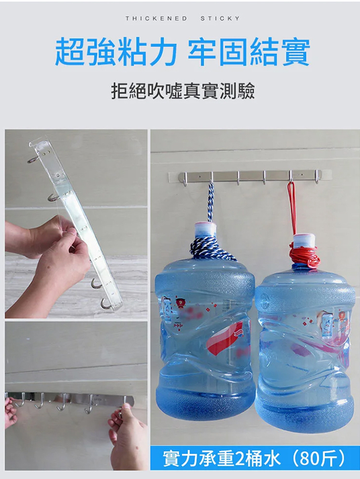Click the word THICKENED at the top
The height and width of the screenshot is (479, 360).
[x=156, y=19]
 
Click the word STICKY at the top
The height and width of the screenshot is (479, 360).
[x=220, y=19]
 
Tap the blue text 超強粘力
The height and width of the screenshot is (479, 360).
[x=116, y=52]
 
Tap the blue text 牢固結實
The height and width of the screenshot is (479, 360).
[x=249, y=52]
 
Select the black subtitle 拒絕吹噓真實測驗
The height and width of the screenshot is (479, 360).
[x=183, y=91]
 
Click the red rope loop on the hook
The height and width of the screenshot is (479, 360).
[x=292, y=208]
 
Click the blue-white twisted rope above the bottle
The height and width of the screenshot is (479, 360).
[x=211, y=202]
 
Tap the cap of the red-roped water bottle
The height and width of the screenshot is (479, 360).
[x=304, y=239]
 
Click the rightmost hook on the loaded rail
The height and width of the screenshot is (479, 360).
[x=317, y=177]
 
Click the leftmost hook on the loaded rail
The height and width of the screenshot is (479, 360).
[x=185, y=179]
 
